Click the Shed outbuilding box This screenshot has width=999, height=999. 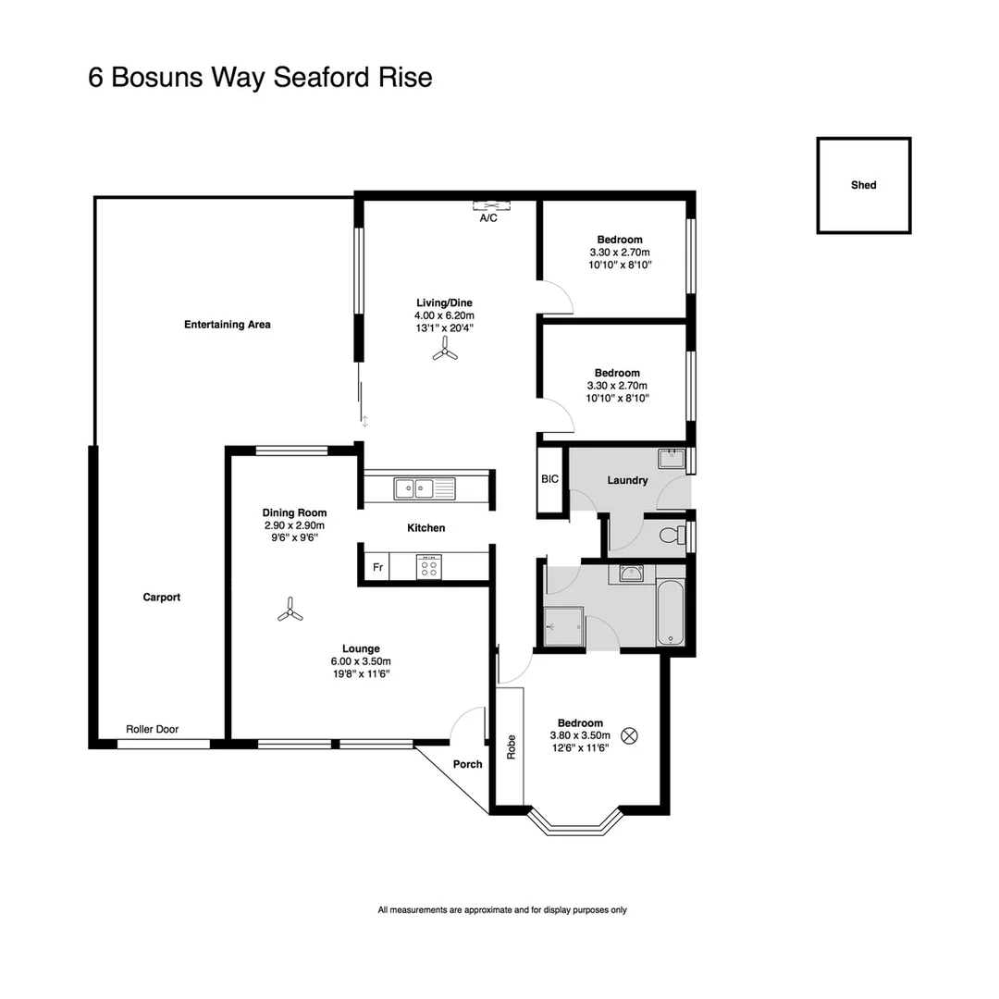(x=863, y=185)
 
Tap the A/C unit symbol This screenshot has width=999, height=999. (x=490, y=206)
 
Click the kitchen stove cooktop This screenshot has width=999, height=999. (x=428, y=566)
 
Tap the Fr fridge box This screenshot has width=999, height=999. (x=376, y=567)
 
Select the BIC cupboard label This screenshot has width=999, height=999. (x=549, y=479)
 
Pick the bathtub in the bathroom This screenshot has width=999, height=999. (x=671, y=612)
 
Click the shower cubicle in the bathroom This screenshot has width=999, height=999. (x=564, y=626)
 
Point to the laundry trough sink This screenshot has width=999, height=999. (x=671, y=458)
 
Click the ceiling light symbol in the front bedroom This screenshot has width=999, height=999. (x=630, y=735)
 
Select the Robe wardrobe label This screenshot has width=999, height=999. (x=510, y=747)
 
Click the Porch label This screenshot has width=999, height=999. (x=467, y=764)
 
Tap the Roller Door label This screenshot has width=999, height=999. (x=153, y=729)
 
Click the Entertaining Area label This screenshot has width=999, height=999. (x=228, y=325)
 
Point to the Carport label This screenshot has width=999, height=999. (x=162, y=597)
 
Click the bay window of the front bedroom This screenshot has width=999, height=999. (x=573, y=823)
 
